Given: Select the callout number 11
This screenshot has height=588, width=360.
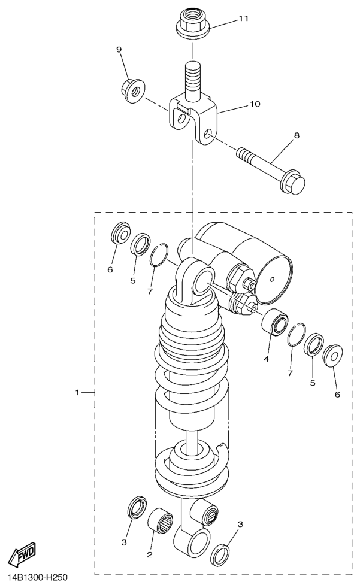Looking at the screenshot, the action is (x=244, y=19).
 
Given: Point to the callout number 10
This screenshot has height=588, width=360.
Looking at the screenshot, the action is (x=255, y=104).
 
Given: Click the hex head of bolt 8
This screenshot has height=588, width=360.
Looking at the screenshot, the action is (x=294, y=183).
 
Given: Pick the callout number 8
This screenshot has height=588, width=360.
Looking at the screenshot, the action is (x=297, y=135).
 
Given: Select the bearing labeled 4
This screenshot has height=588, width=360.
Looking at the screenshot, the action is (x=275, y=322).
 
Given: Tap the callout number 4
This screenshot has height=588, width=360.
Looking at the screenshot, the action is (x=266, y=359).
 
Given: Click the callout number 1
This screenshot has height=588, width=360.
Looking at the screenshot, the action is (x=77, y=392).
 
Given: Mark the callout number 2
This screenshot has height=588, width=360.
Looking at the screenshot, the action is (x=150, y=554).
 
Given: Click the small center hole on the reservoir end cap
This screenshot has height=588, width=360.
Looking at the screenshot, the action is (x=273, y=278).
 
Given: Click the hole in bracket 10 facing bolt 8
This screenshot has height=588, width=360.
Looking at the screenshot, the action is (x=210, y=134).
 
